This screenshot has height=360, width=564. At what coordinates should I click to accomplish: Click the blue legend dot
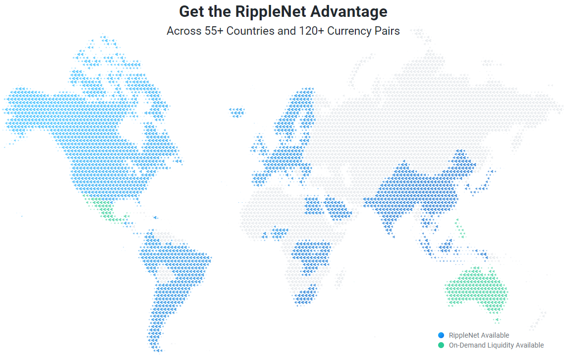pos(441,335)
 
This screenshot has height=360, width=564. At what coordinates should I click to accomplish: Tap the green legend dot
pos(441,345)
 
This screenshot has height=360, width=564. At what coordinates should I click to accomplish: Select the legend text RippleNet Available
pos(479,335)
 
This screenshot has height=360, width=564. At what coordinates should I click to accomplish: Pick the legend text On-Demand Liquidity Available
pos(496,345)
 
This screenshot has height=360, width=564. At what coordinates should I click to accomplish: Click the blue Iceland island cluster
pos(237,112)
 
